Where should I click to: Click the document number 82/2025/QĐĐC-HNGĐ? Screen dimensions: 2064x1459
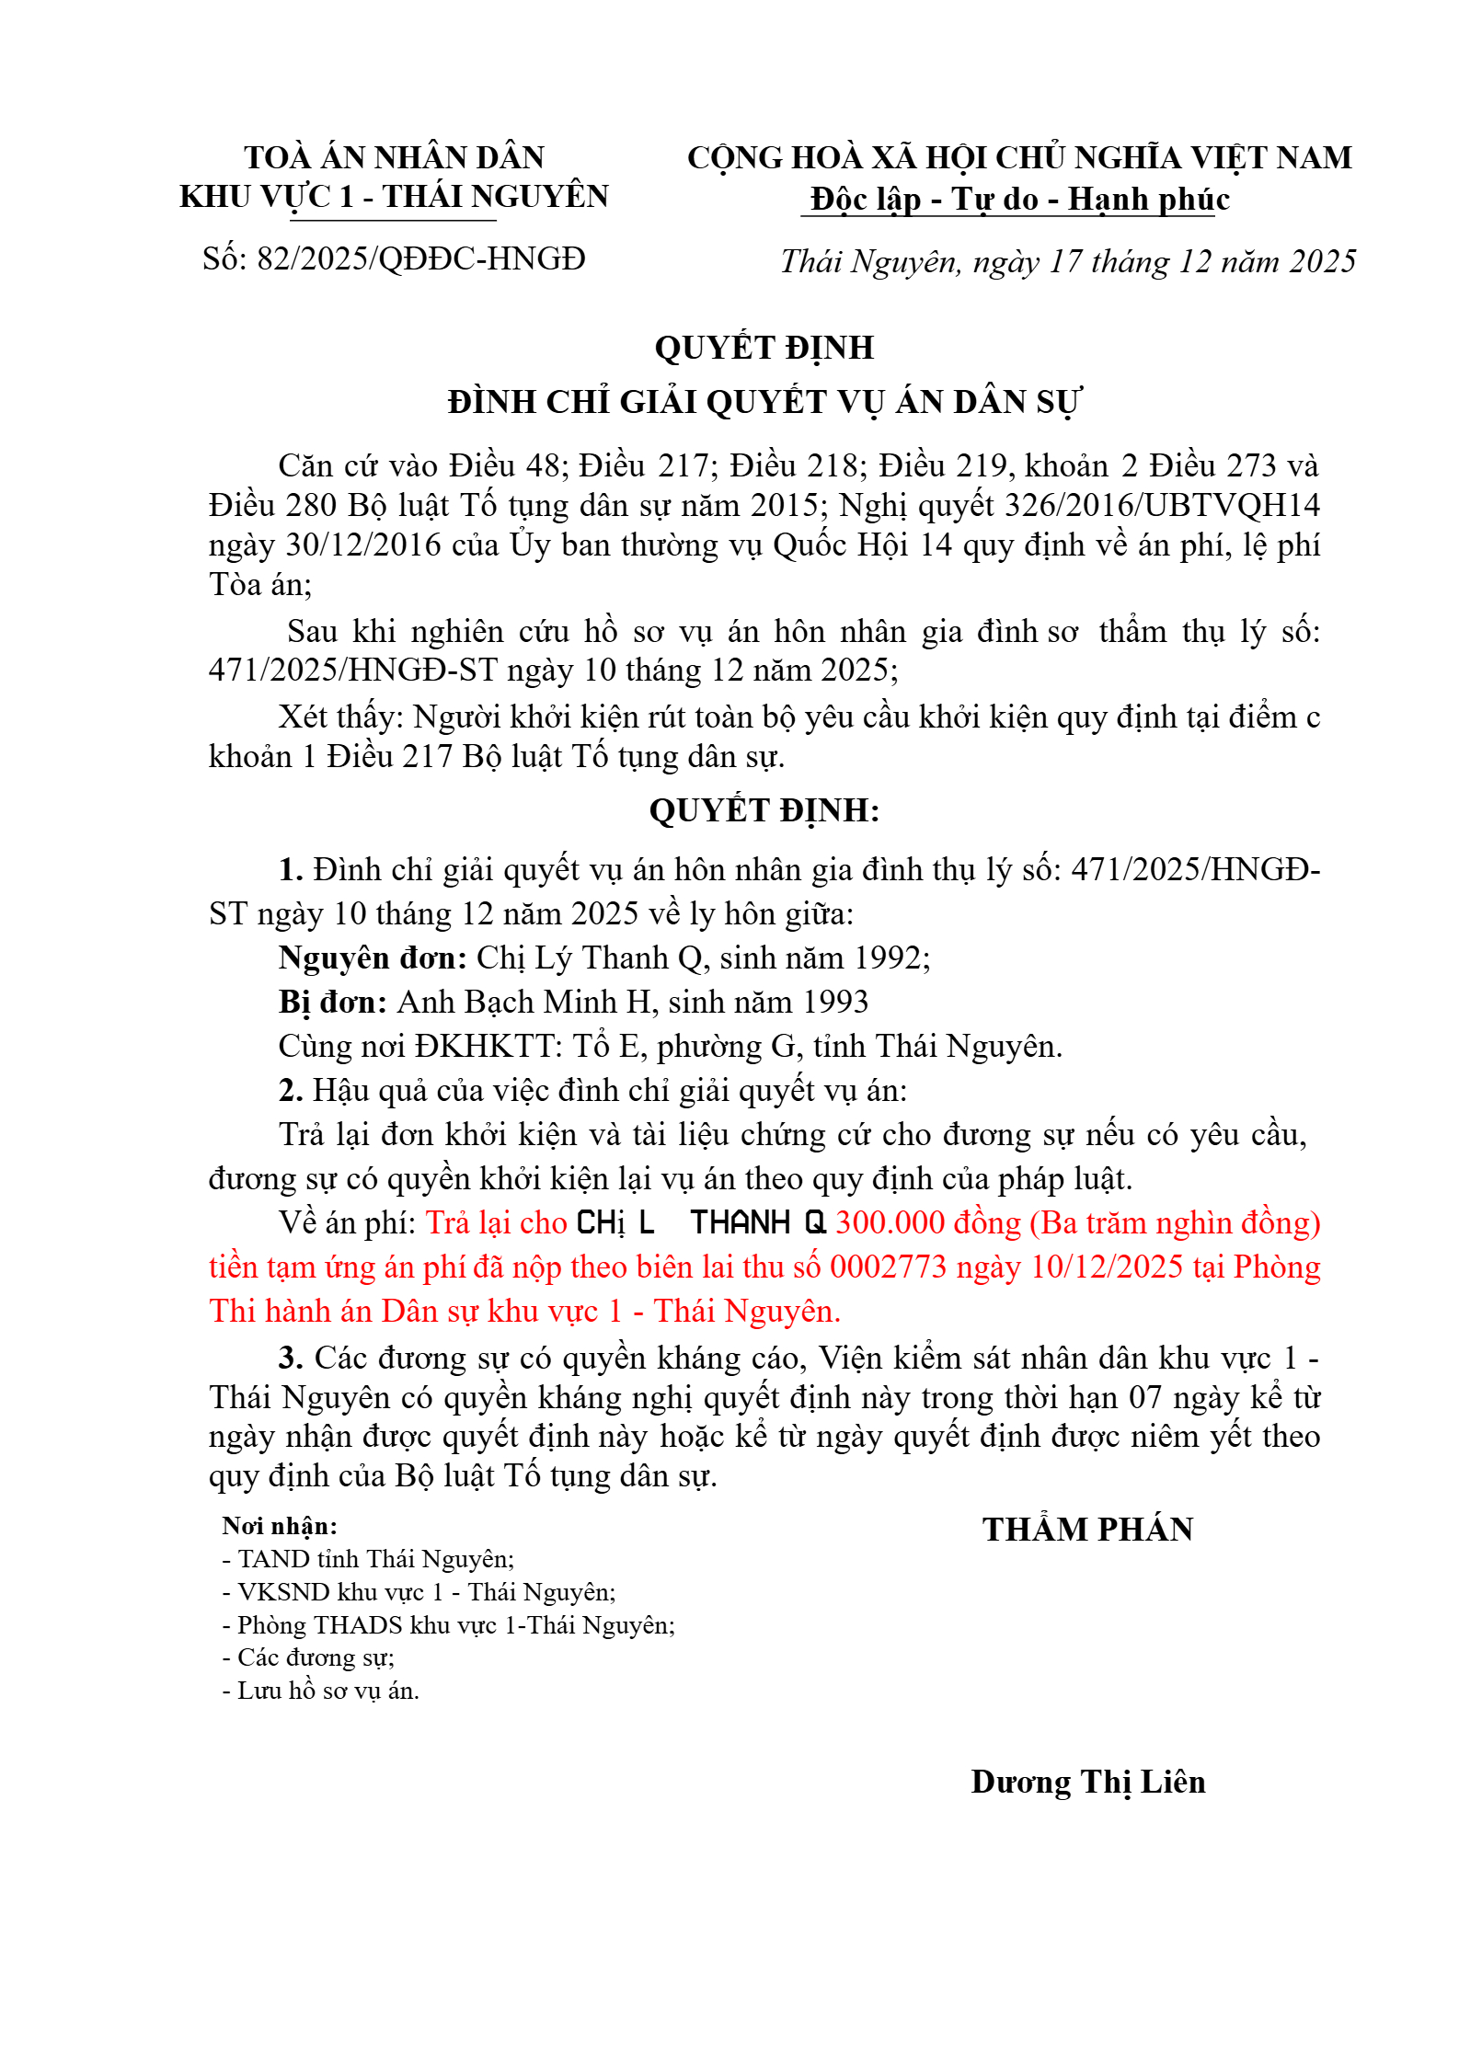coord(420,259)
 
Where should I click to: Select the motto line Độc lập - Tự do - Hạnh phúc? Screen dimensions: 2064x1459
coord(1019,199)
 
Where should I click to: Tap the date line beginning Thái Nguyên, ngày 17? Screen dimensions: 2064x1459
coord(1068,261)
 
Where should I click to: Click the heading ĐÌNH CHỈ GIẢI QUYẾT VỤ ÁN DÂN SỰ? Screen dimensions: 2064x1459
coord(764,402)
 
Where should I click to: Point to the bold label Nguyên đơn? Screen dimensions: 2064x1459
coord(373,958)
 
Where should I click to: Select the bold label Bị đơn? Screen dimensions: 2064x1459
coord(333,1003)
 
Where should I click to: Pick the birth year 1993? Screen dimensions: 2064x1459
coord(834,1003)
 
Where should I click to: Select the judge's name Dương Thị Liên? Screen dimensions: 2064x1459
coord(1087,1783)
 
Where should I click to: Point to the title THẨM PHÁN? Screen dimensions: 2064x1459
coord(1087,1529)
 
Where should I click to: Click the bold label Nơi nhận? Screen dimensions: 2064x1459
coord(280,1526)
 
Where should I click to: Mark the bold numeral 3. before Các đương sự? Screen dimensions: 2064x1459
coord(291,1358)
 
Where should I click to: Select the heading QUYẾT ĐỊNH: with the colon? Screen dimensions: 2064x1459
coord(764,810)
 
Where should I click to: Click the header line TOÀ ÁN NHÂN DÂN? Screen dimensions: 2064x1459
coord(394,157)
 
